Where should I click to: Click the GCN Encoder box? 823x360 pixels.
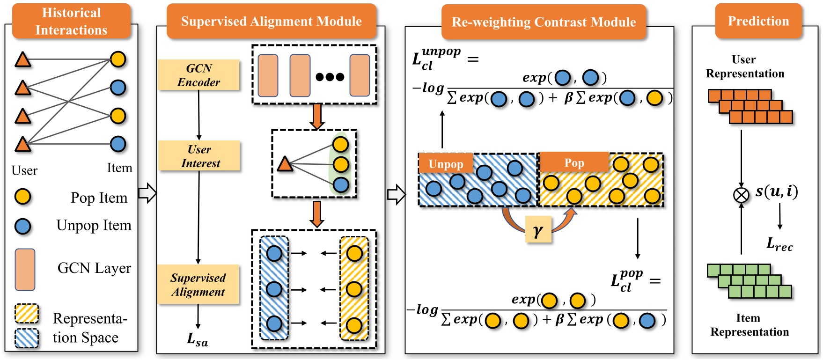pos(198,75)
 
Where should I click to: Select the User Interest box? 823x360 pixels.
pos(199,156)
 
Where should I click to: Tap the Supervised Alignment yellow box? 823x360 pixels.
pos(198,285)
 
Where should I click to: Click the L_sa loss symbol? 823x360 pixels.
pos(197,339)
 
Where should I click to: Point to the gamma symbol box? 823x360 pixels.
pos(538,229)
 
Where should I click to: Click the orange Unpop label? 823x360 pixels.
pos(446,164)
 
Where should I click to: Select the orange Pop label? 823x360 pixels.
pos(574,162)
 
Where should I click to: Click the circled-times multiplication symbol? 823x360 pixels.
pos(741,194)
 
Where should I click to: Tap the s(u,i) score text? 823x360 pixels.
pos(776,191)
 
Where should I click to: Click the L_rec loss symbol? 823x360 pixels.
pos(779,243)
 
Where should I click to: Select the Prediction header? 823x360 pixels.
pos(758,21)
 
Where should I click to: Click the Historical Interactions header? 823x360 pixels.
pos(71,21)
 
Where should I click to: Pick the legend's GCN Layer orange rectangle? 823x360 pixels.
pos(25,270)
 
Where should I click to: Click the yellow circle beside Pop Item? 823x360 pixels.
pos(22,197)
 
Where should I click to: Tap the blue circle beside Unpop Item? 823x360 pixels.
pos(22,226)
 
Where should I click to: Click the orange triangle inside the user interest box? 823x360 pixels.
pos(285,164)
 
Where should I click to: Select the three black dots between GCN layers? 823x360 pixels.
pos(330,77)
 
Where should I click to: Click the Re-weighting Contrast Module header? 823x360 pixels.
pos(544,22)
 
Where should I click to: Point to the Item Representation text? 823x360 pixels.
pos(749,325)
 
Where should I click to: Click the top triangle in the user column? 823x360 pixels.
pos(22,60)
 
